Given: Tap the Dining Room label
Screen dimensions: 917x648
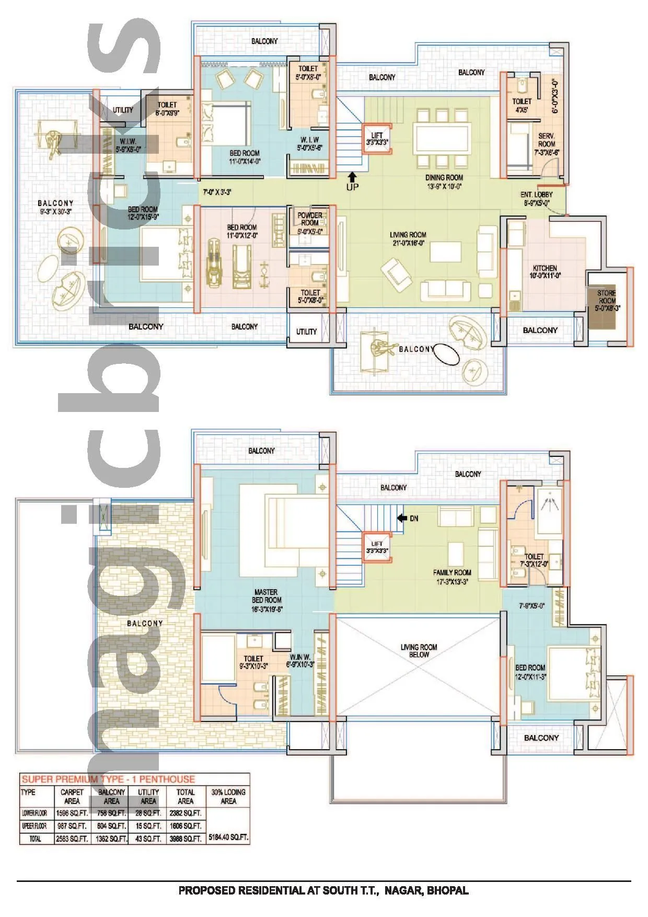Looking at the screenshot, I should (444, 178).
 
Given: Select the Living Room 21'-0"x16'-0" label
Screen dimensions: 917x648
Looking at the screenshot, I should (408, 238).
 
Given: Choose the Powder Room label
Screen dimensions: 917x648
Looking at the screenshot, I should (310, 219).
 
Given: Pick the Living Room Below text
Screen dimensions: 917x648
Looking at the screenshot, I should (419, 650).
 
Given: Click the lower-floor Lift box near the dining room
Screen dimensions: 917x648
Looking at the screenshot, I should (377, 139).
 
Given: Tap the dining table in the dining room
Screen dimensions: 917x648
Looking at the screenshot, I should (442, 138).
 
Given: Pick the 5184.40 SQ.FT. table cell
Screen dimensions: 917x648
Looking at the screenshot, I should (228, 837).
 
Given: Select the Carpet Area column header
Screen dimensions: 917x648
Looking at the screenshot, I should (72, 796).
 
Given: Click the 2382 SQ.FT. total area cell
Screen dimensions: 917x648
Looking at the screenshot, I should (185, 813).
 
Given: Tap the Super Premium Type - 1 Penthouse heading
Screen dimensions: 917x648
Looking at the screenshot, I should (108, 779).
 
